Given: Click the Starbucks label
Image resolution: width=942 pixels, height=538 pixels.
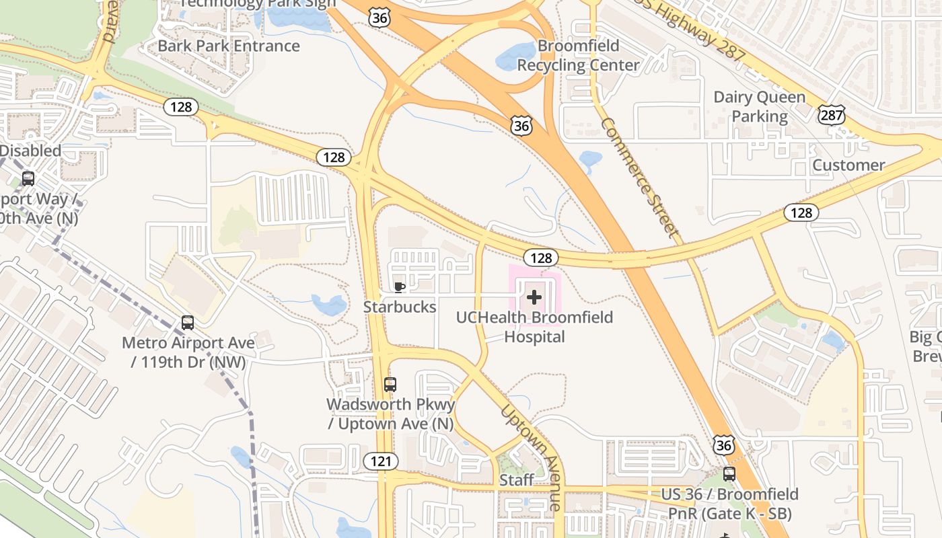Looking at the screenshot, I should click(x=400, y=307).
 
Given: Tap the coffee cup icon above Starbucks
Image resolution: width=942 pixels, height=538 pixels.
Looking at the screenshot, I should click(x=400, y=288).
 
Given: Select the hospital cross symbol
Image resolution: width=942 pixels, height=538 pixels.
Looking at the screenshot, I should click(x=534, y=297).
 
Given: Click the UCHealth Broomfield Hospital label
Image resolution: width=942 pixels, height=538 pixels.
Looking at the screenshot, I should click(x=534, y=327).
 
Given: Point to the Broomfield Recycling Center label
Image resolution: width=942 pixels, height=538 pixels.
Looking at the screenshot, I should click(x=578, y=56).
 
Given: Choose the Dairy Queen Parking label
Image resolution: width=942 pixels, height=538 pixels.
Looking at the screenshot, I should click(x=759, y=107).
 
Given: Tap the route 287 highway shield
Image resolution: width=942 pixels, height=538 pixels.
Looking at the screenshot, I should click(x=832, y=116).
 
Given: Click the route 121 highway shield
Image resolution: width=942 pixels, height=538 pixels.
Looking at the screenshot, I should click(x=381, y=461).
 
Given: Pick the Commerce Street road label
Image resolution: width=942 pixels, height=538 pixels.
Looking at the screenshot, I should click(x=638, y=177).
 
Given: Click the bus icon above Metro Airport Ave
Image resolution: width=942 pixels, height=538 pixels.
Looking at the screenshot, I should click(x=188, y=323).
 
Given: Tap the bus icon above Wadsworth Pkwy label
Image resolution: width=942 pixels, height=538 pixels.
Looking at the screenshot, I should click(x=390, y=385).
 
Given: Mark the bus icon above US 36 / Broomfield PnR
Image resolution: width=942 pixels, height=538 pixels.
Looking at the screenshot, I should click(x=729, y=474).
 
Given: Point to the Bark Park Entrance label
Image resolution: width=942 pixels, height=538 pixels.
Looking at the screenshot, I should click(x=229, y=46).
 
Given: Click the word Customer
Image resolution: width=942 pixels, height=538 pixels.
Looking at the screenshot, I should click(x=848, y=165).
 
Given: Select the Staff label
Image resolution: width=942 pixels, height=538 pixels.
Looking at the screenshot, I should click(x=517, y=480).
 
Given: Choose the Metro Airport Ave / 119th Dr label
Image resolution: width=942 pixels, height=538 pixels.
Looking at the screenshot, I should click(x=188, y=352).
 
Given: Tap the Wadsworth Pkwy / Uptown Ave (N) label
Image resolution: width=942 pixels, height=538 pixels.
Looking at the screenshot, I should click(x=390, y=414).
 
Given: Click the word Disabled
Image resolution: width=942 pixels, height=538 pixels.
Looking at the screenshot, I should click(x=30, y=151).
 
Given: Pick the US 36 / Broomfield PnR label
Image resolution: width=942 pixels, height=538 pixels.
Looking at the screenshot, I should click(x=729, y=504).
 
